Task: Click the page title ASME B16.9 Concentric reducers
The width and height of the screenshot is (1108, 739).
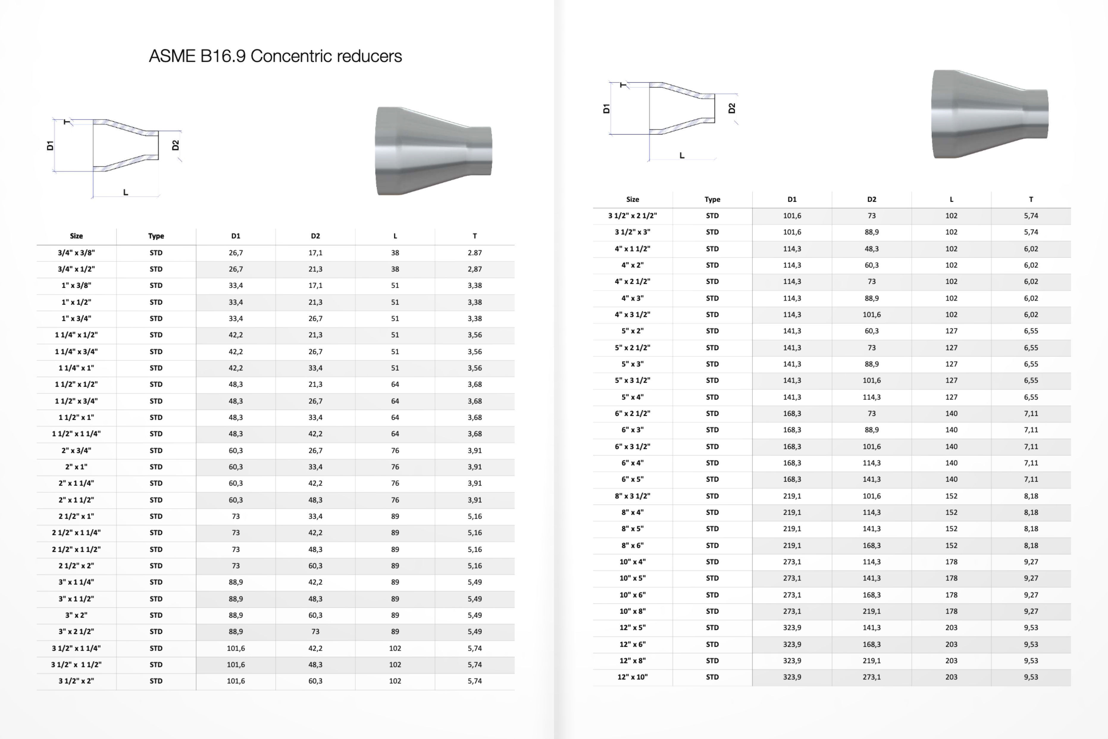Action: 275,56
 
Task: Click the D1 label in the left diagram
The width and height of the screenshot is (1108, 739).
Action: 50,146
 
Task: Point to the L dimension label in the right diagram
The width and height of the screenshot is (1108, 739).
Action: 681,156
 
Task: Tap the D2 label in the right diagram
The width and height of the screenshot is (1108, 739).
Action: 731,108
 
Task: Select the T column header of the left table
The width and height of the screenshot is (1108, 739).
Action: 475,236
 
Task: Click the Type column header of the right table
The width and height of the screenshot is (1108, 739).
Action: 712,199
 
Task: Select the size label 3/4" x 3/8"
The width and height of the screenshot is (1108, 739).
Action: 76,253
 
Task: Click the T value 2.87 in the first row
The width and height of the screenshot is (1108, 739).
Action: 475,253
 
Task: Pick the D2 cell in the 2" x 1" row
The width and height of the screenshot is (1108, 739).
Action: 315,466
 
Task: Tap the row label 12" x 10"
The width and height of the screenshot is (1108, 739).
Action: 633,677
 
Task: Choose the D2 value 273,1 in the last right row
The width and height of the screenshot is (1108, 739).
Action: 871,677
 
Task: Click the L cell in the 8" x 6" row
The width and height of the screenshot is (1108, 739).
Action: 951,545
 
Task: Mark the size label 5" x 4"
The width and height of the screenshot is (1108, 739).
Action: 633,397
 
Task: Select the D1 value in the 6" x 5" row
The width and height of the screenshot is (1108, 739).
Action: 792,479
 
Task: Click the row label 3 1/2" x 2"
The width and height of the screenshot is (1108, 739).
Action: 76,681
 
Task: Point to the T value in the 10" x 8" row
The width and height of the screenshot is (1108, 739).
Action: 1031,611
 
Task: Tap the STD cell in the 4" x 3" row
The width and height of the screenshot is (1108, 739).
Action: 712,298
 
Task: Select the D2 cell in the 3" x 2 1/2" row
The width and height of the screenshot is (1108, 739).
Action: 315,632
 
